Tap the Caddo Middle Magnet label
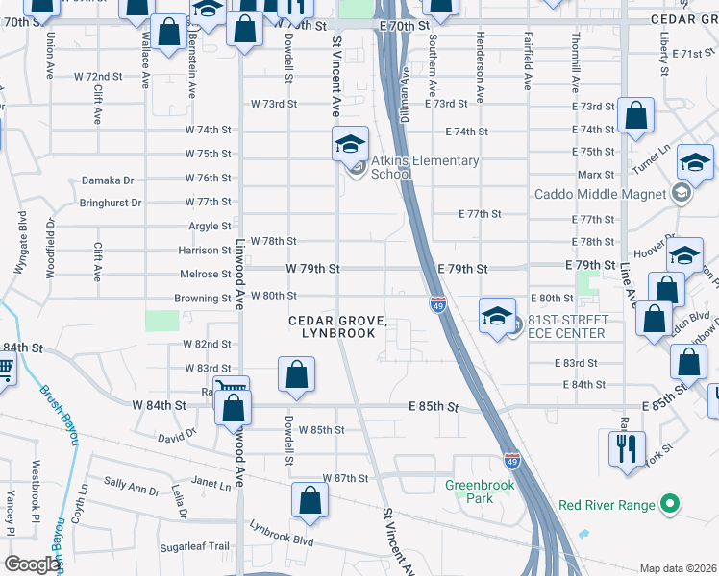(x=601, y=194)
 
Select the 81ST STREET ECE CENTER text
(x=565, y=326)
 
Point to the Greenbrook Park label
(x=482, y=492)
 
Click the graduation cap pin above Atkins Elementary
(x=350, y=145)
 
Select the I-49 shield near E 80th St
(x=436, y=304)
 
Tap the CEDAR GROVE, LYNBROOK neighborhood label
(x=339, y=325)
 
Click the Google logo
(x=31, y=564)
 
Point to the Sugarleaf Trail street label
(x=196, y=546)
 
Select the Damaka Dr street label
(x=107, y=180)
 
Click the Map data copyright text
(x=678, y=568)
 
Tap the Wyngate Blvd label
(x=21, y=248)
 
